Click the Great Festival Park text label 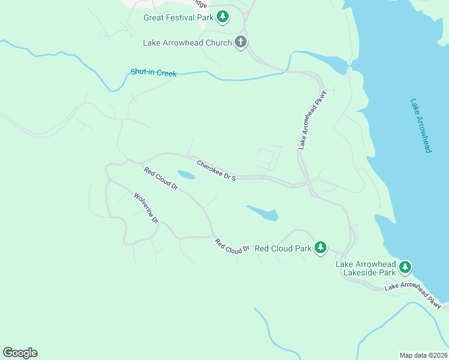pos(178,17)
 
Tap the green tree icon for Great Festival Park pos(223,17)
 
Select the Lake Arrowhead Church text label pos(187,43)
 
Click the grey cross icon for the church pos(240,42)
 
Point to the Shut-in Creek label pos(154,73)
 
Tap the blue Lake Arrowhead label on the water pos(421,125)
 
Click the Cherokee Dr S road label pos(217,169)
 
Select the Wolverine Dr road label pos(146,208)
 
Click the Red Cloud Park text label pos(283,248)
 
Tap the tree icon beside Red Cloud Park pos(321,247)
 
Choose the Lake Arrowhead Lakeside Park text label pos(366,268)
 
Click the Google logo pos(20,353)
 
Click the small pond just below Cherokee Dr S pos(186,175)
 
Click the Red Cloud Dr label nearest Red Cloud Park pos(232,245)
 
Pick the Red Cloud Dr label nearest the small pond pos(161,179)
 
